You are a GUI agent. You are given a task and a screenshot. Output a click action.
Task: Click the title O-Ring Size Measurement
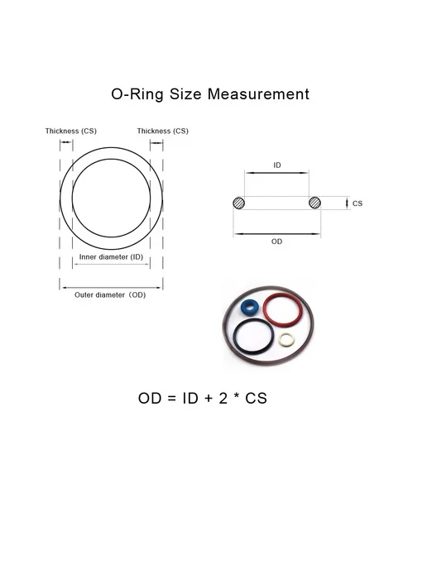(x=210, y=94)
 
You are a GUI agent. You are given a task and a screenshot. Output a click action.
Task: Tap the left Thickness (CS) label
(x=71, y=131)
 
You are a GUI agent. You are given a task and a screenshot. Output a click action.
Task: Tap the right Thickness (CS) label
(x=163, y=131)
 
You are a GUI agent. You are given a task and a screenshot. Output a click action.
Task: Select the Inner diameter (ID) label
(x=111, y=257)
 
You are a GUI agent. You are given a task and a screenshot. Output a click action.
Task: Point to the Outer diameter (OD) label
(x=110, y=295)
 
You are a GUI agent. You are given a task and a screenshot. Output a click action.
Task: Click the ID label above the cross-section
(x=277, y=165)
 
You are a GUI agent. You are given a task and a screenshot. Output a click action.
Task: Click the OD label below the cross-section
(x=276, y=241)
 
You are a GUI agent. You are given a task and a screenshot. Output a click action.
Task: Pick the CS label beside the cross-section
(x=357, y=203)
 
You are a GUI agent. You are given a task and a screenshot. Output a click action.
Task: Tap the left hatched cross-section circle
(x=238, y=203)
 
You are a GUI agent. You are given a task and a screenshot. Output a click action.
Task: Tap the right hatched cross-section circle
(x=314, y=203)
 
